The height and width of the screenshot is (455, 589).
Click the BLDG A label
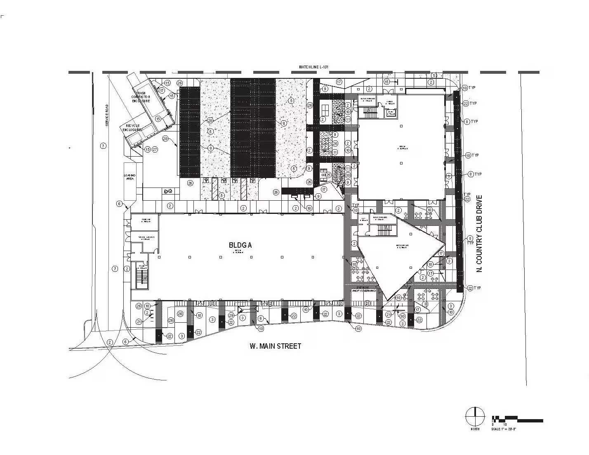(240, 245)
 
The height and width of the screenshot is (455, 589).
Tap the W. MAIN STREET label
(275, 346)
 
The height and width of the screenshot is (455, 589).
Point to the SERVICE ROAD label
(106, 115)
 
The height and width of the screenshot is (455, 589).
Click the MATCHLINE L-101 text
(316, 67)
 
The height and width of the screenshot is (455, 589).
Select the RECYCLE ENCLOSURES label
(131, 127)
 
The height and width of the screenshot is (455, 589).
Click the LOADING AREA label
(130, 178)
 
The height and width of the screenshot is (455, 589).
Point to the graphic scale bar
(517, 419)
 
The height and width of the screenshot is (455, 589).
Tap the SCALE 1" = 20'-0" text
(504, 429)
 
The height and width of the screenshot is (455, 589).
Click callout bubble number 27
(155, 149)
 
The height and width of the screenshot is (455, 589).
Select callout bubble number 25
(328, 175)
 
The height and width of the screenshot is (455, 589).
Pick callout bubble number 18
(309, 209)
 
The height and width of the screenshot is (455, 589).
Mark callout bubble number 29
(231, 315)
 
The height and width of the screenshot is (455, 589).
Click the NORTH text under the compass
(475, 429)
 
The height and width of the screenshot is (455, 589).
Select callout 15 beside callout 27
(147, 149)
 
